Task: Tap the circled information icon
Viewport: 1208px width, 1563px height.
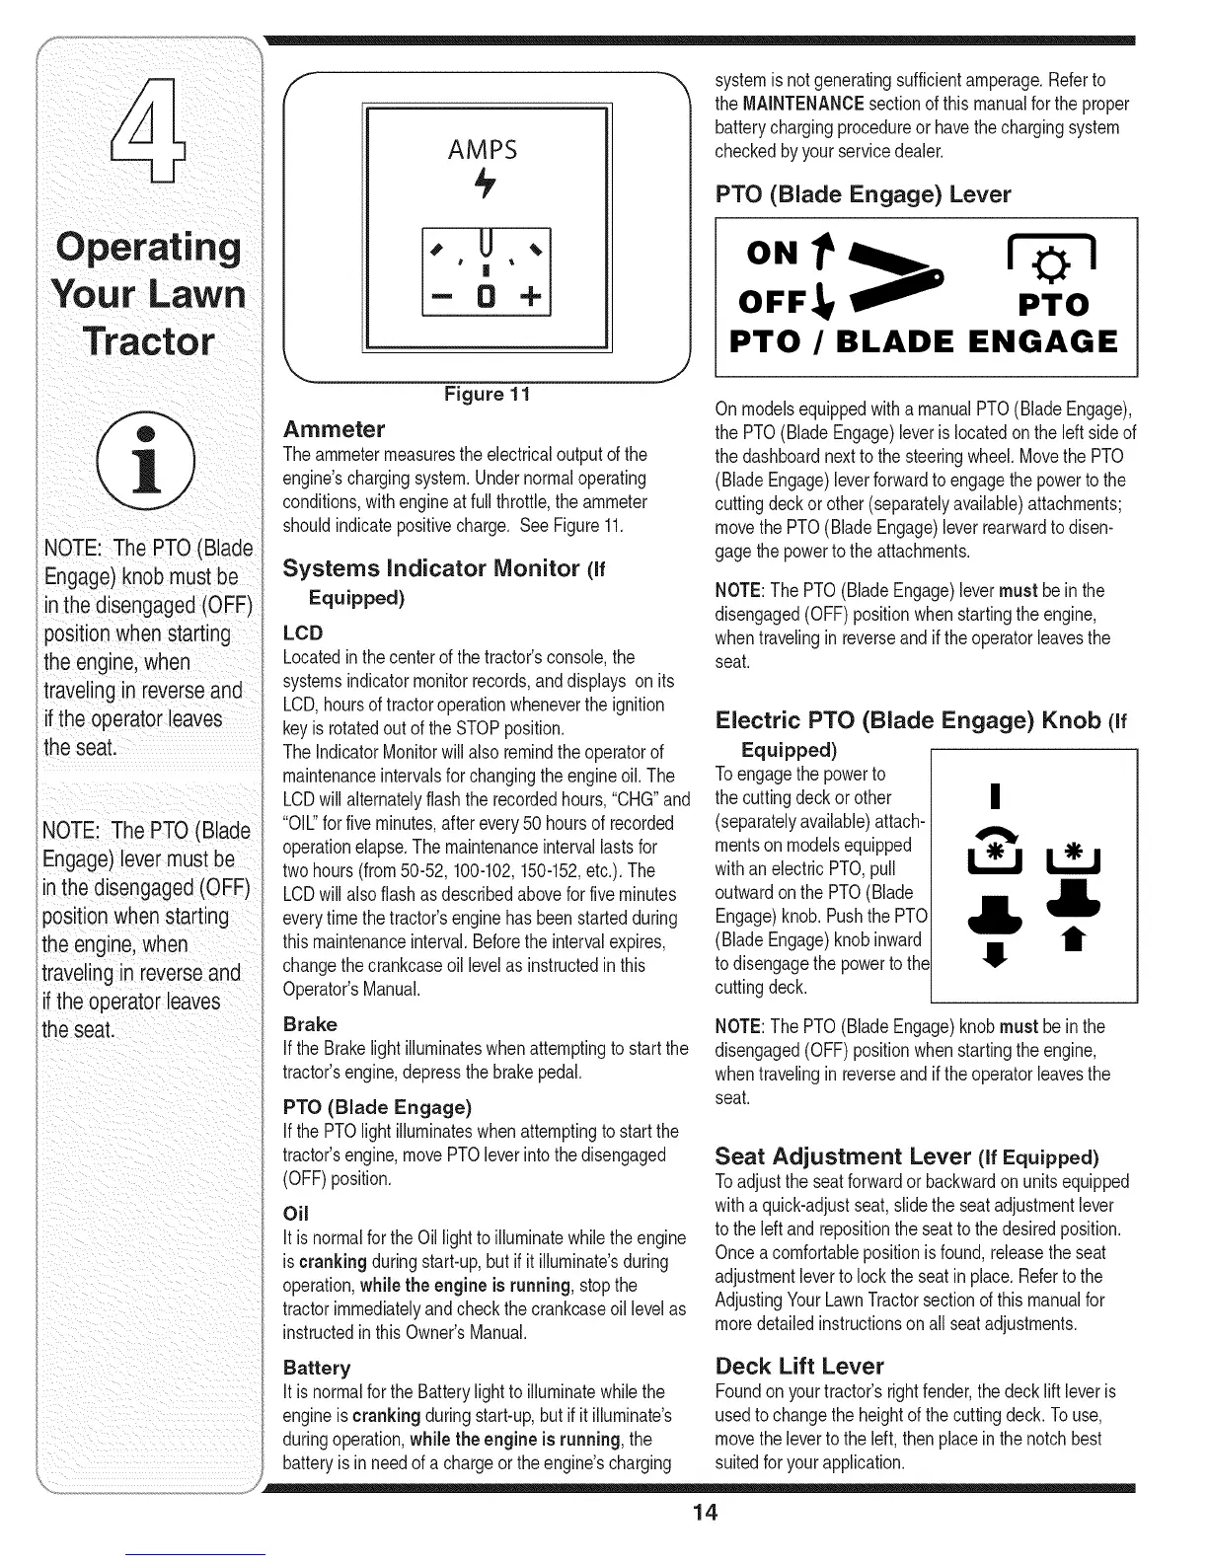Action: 146,461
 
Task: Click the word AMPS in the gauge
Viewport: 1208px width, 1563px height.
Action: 483,150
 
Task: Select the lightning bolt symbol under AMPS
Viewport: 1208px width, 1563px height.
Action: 486,183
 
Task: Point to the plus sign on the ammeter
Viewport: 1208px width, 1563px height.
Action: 530,296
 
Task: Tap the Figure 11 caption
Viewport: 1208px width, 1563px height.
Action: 488,394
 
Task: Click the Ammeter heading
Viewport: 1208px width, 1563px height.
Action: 334,429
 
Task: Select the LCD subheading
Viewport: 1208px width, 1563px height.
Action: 303,633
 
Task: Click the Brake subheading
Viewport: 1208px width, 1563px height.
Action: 310,1024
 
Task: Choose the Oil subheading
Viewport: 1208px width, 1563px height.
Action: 296,1214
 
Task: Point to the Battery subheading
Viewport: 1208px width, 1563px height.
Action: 317,1368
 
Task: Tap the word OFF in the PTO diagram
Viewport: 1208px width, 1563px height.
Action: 772,302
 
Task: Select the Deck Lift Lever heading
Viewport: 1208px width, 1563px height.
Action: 799,1366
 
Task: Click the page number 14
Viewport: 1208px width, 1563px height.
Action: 705,1513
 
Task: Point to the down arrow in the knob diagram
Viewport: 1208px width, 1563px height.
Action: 994,954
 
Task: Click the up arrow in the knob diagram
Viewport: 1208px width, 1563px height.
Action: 1073,938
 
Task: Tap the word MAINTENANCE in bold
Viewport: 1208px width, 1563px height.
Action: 803,104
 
